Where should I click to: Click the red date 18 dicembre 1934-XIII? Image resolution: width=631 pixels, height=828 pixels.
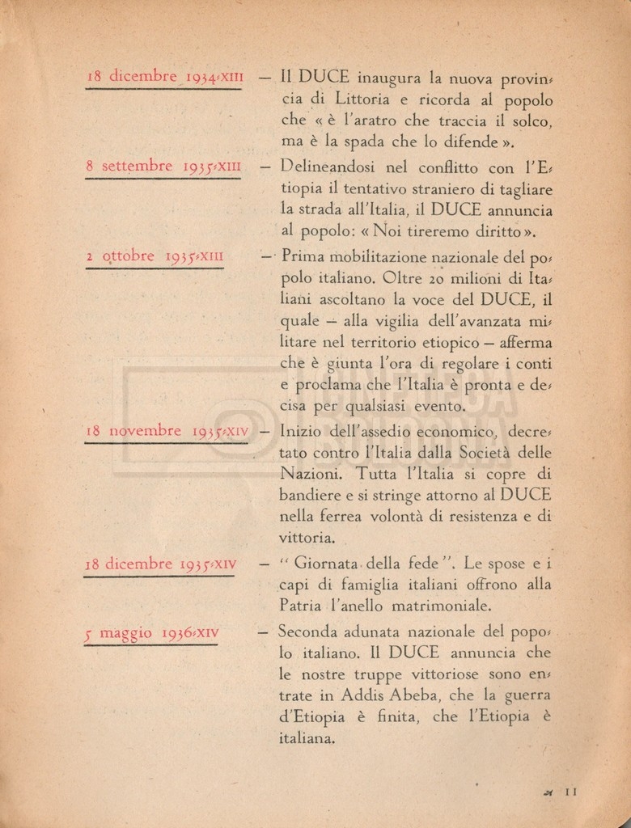coord(164,78)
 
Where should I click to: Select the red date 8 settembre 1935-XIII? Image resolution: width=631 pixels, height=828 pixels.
coord(163,167)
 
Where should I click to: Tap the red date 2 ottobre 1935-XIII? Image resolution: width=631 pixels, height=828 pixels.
coord(154,257)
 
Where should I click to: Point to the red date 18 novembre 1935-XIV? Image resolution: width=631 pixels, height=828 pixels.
coord(167,431)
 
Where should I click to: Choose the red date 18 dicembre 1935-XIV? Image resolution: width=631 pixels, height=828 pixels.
coord(159,564)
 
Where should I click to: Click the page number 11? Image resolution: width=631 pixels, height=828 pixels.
coord(570,792)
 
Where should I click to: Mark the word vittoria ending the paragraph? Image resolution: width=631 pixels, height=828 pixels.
coord(304,537)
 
